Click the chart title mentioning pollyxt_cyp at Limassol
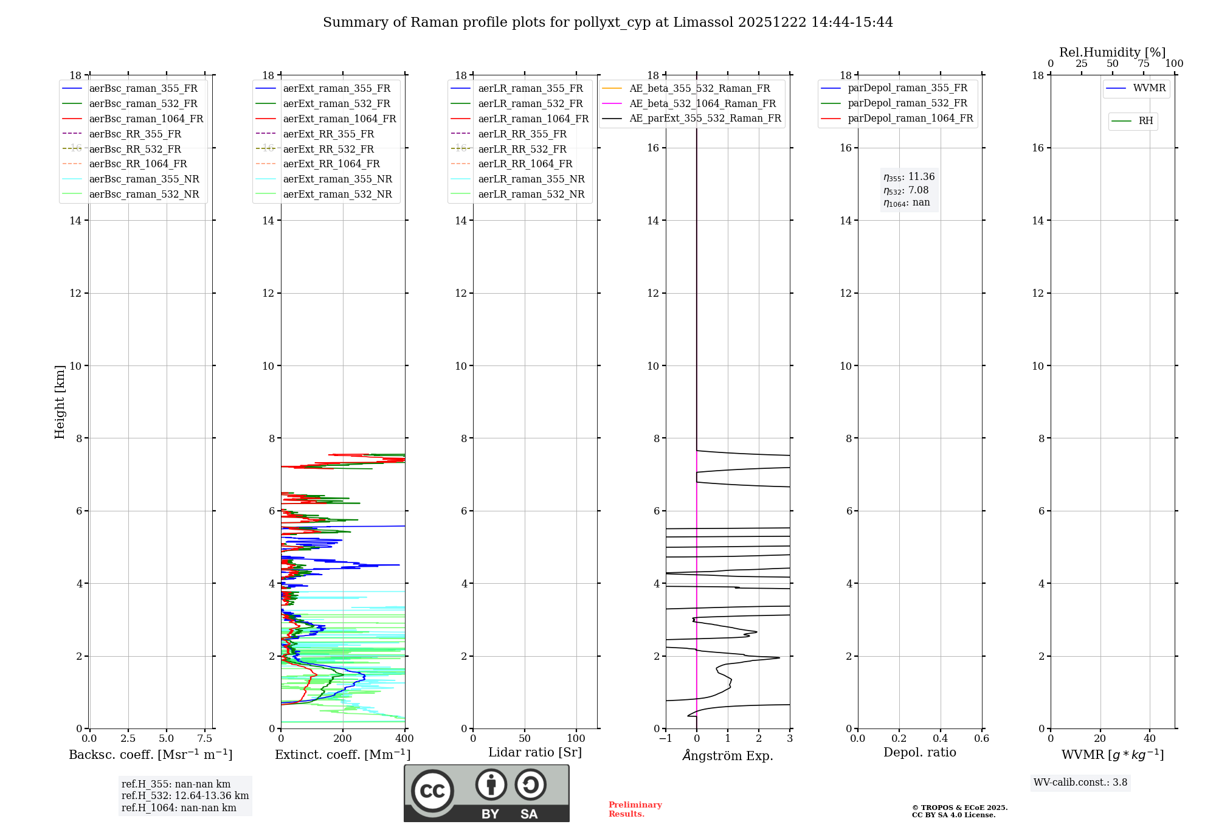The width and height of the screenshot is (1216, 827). tap(607, 22)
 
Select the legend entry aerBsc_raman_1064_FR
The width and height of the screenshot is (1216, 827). tap(146, 119)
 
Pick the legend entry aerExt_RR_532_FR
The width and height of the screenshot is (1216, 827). tap(328, 149)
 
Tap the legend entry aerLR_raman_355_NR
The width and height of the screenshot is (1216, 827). tap(531, 179)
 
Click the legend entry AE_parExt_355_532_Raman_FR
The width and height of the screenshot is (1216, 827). tap(705, 118)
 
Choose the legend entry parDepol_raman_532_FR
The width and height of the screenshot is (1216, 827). tap(907, 103)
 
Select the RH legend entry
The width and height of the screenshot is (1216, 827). tap(1145, 121)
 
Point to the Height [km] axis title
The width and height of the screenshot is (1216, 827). tap(60, 402)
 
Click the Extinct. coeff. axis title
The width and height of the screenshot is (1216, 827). tap(342, 755)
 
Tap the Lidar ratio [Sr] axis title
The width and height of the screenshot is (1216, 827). tap(535, 752)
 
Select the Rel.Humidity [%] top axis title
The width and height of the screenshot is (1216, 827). tap(1112, 52)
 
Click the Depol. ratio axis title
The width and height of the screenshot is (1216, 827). tap(919, 752)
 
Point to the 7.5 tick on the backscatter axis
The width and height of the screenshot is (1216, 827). tap(205, 739)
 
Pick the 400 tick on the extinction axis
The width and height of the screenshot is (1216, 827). tap(404, 739)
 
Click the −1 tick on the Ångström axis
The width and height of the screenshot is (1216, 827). tap(665, 739)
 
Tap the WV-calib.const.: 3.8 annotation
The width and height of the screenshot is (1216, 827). tap(1080, 783)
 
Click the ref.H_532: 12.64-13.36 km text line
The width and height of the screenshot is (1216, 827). tap(185, 796)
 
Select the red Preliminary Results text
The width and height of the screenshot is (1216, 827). tap(635, 809)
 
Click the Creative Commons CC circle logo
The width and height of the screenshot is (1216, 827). tap(432, 791)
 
